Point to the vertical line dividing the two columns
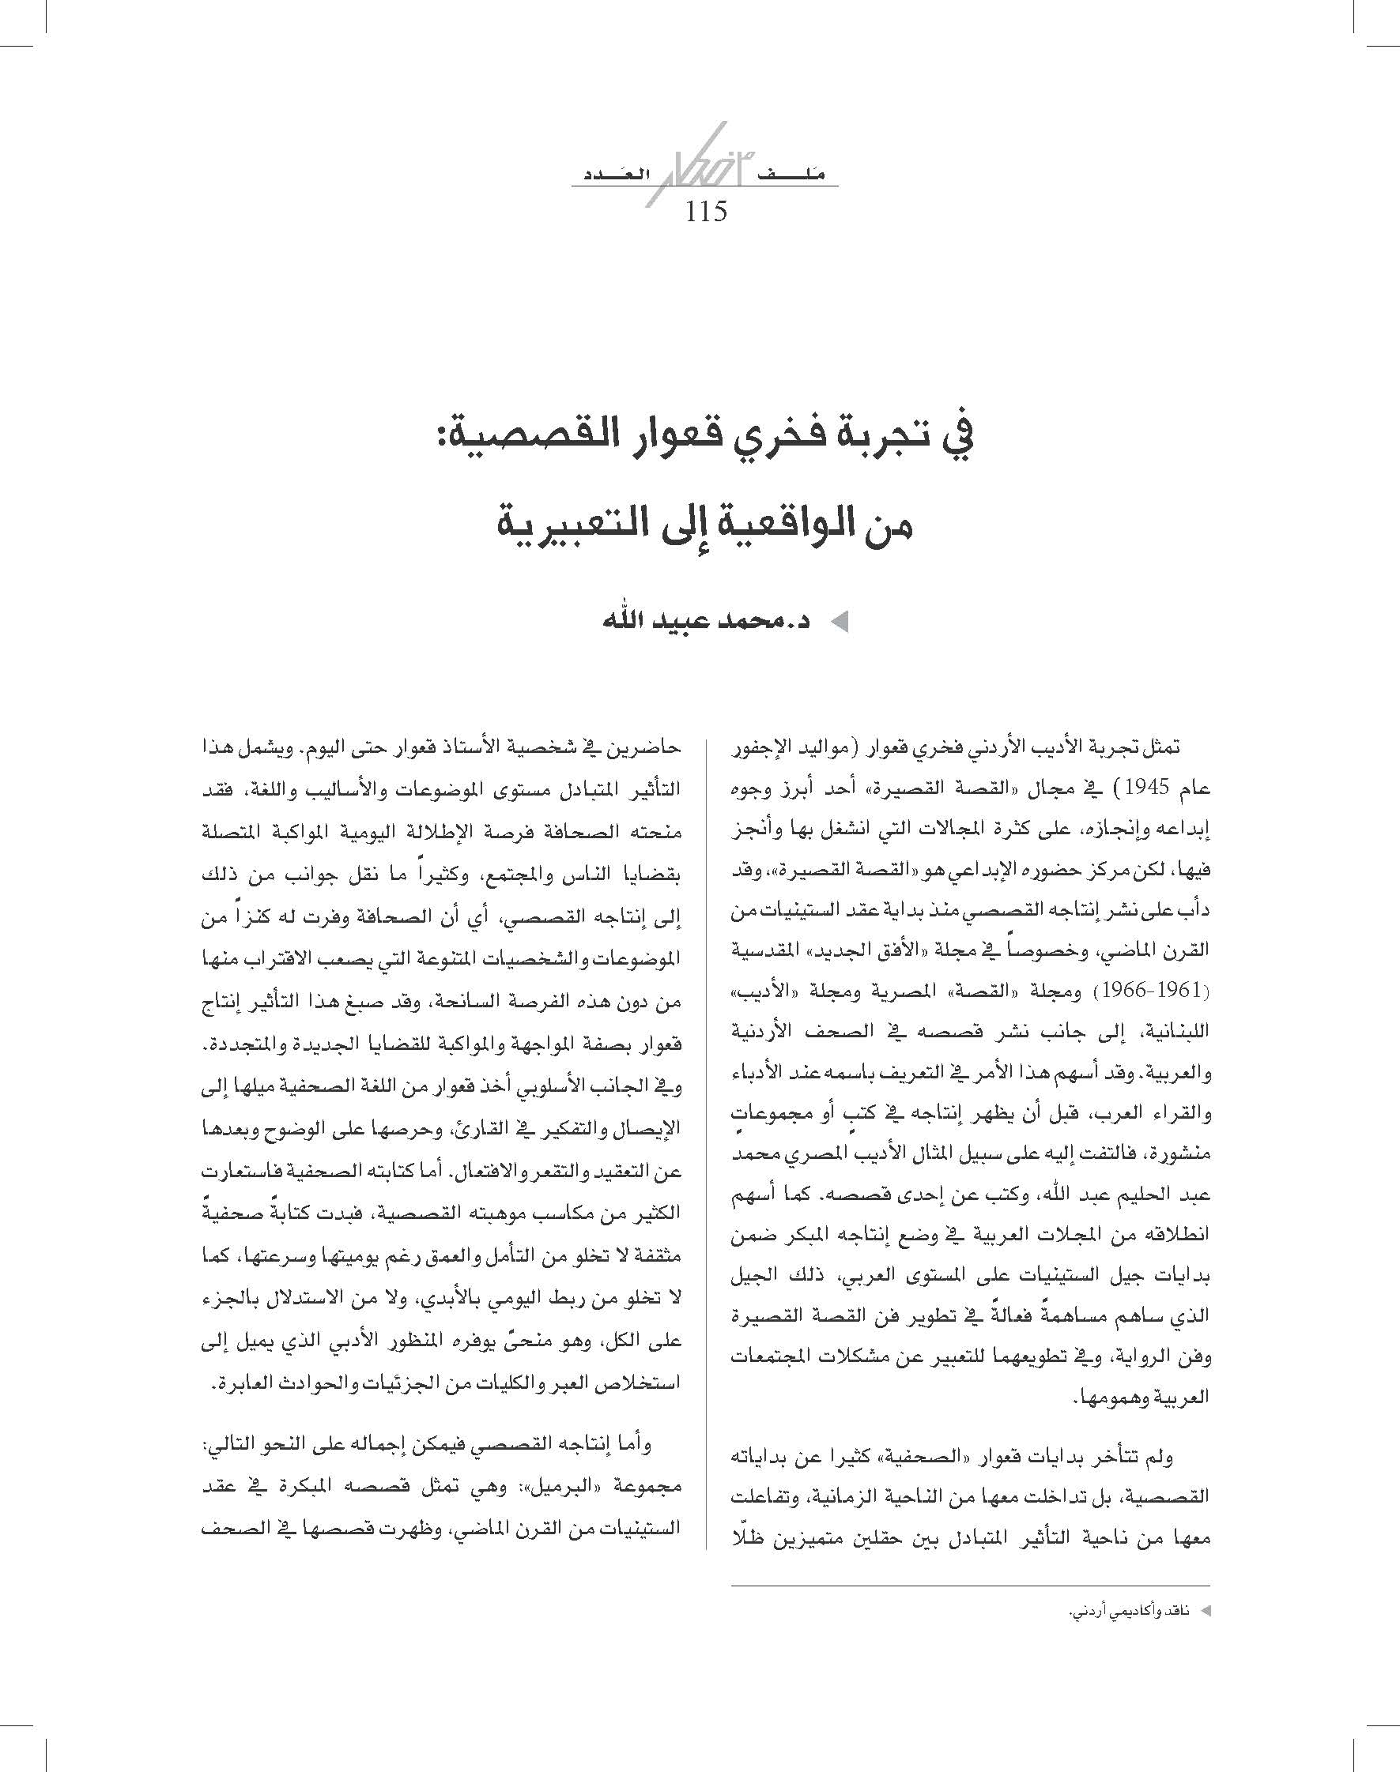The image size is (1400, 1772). click(705, 1147)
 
